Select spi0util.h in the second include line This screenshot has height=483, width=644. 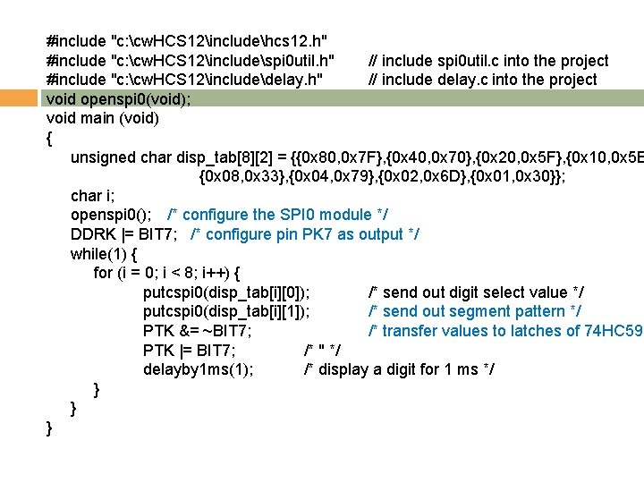[296, 61]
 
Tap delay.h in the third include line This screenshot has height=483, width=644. [293, 80]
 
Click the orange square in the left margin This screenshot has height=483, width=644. [17, 99]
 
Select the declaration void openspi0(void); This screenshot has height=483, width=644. [118, 99]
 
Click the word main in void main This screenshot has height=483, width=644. [98, 118]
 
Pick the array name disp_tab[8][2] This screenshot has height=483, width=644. [234, 157]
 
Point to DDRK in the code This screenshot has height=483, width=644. [90, 234]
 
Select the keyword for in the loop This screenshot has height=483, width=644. [104, 273]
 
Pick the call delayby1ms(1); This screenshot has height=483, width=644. [199, 369]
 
